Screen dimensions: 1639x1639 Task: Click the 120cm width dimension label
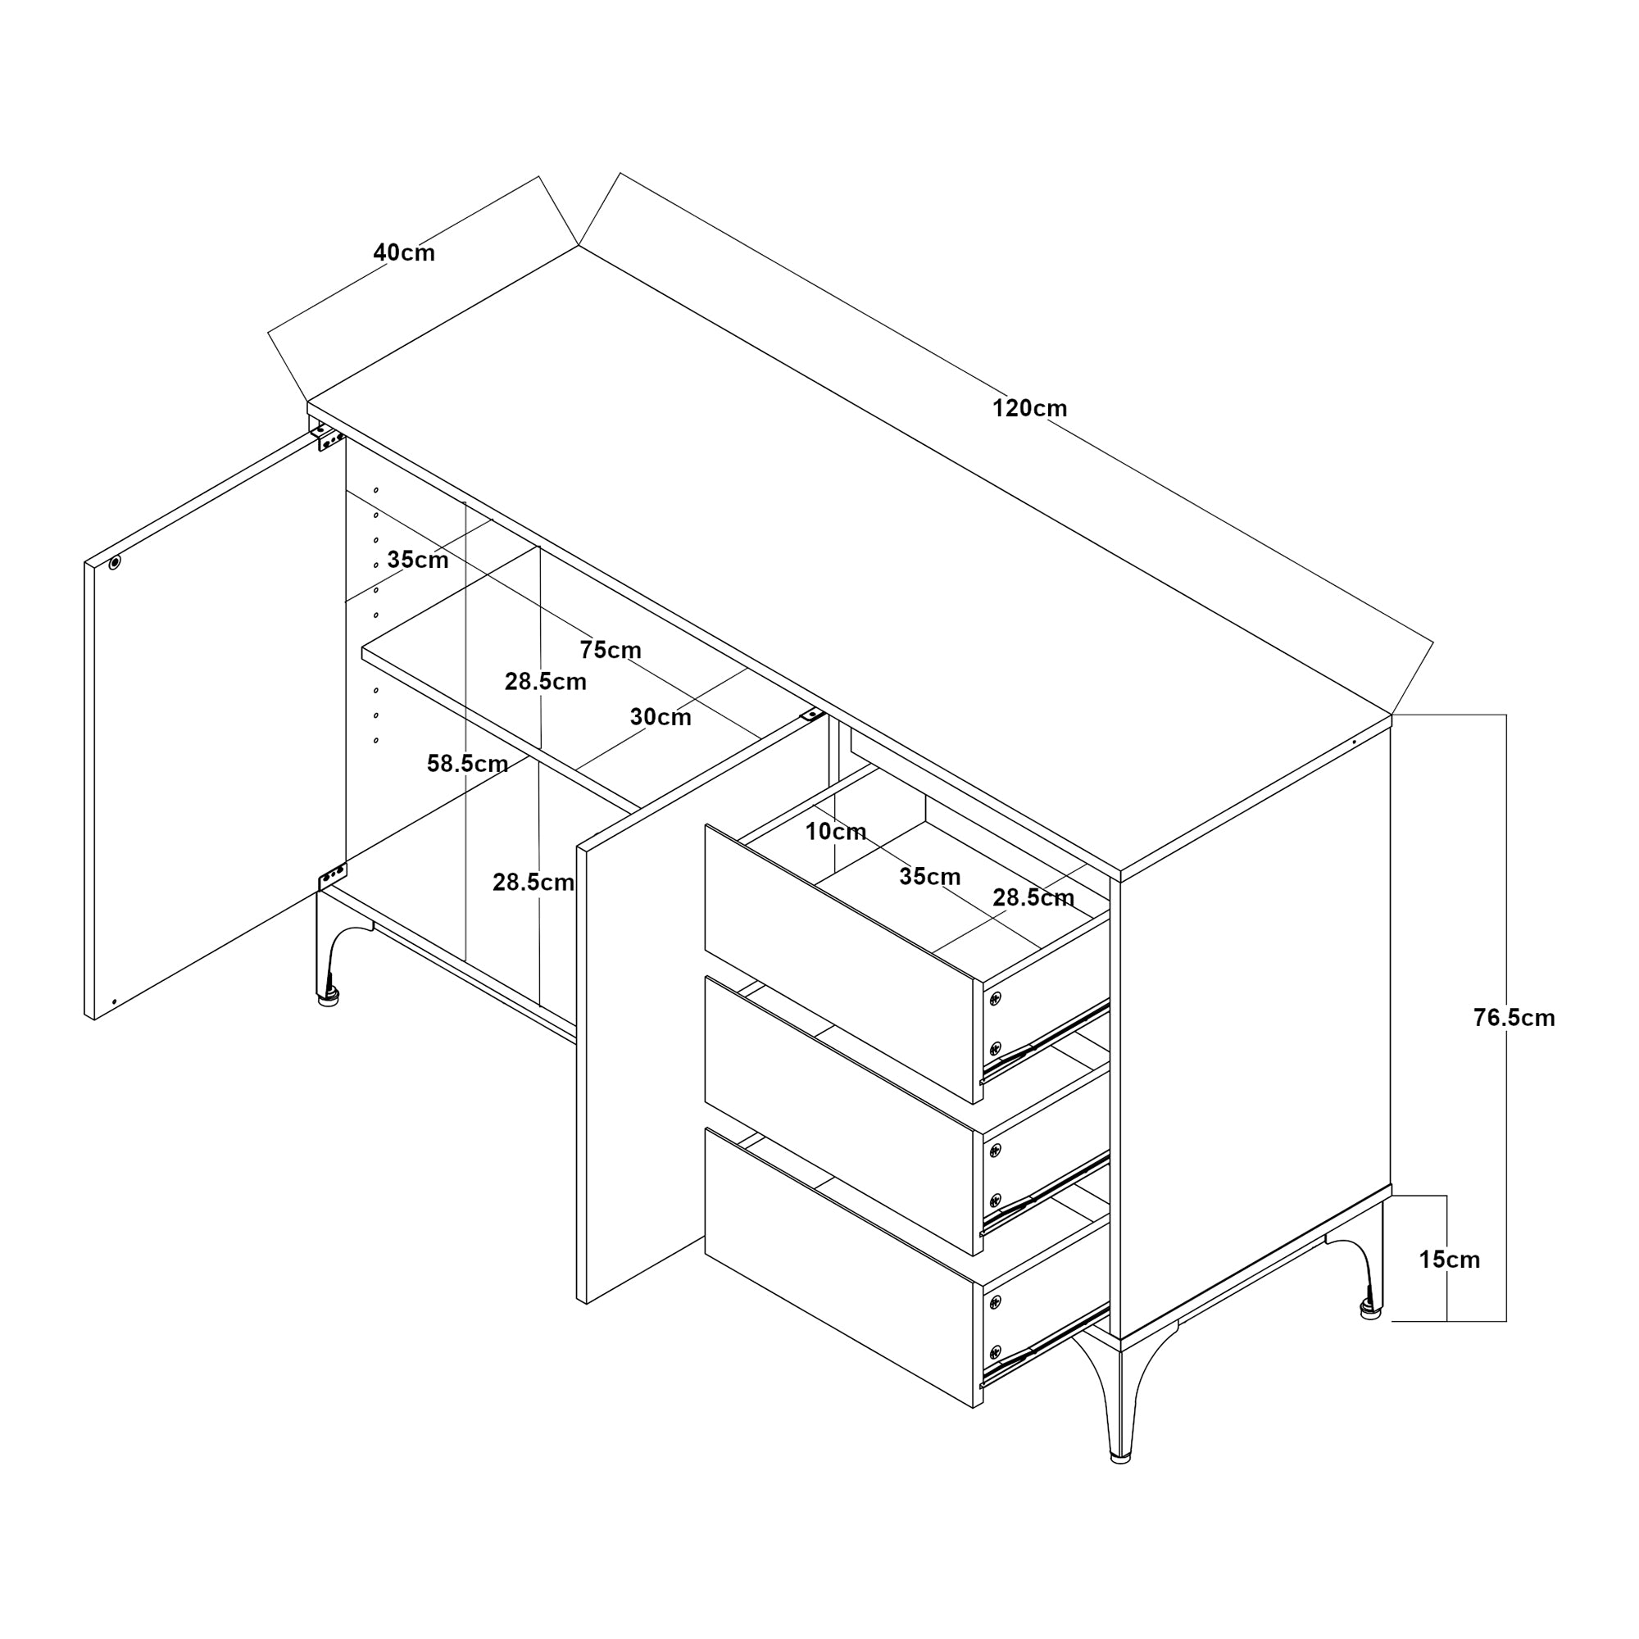point(1029,408)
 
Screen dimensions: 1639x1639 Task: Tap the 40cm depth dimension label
point(404,252)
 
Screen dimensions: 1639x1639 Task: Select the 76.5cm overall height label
point(1514,1018)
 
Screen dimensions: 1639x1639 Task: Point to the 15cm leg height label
point(1449,1260)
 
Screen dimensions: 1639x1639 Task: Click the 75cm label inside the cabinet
point(610,650)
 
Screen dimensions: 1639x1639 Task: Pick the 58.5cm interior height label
point(466,764)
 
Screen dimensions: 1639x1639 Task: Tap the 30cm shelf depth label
point(660,717)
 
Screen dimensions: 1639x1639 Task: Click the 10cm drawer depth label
point(836,831)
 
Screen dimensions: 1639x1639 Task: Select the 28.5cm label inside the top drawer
point(1033,897)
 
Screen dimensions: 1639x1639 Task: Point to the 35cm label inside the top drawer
point(930,876)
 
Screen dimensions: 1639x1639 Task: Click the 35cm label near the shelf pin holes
point(417,560)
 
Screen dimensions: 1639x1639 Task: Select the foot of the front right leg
point(1120,1457)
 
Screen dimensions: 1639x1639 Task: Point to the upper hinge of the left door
point(329,438)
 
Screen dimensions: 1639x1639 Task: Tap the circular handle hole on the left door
point(115,561)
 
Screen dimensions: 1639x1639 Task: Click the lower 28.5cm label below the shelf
point(533,883)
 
